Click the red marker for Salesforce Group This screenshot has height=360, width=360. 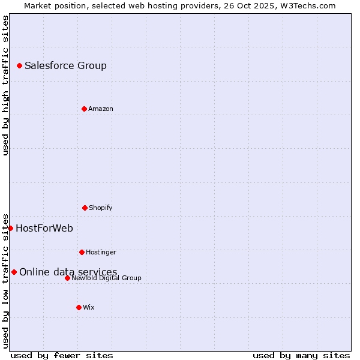pyautogui.click(x=19, y=65)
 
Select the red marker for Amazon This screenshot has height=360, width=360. pyautogui.click(x=84, y=109)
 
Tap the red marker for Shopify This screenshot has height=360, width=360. pyautogui.click(x=85, y=208)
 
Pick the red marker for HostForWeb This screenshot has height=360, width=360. pyautogui.click(x=10, y=228)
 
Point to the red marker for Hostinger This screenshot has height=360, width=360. pyautogui.click(x=82, y=252)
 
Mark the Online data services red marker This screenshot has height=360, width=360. pyautogui.click(x=14, y=272)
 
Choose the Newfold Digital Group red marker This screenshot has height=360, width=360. pyautogui.click(x=67, y=278)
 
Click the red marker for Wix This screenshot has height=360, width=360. pyautogui.click(x=79, y=307)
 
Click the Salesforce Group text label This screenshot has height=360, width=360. pyautogui.click(x=65, y=65)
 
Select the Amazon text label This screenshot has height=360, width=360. pyautogui.click(x=101, y=109)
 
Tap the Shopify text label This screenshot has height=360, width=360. pyautogui.click(x=101, y=208)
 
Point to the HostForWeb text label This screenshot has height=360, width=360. pyautogui.click(x=44, y=228)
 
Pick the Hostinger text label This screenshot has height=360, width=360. pyautogui.click(x=101, y=252)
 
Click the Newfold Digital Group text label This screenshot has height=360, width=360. pyautogui.click(x=106, y=278)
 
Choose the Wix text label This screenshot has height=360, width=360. pyautogui.click(x=89, y=307)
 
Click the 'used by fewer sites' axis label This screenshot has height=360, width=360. pyautogui.click(x=62, y=355)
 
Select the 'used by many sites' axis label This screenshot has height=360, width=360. pyautogui.click(x=301, y=355)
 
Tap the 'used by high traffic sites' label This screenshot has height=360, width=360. pyautogui.click(x=5, y=85)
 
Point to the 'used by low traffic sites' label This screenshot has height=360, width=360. pyautogui.click(x=5, y=280)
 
